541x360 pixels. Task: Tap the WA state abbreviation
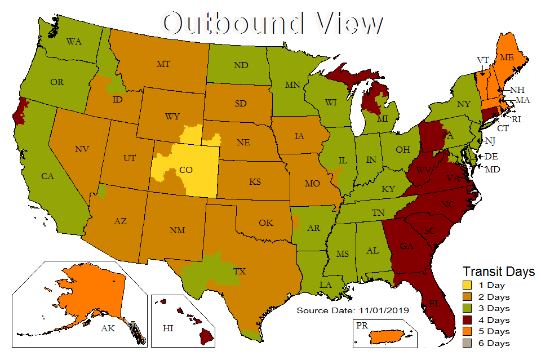74,42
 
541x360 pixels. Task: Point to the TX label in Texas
241,272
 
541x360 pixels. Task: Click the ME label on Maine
506,57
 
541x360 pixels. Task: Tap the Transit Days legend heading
499,272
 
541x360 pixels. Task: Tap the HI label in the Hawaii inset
167,327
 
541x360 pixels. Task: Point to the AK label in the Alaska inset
106,327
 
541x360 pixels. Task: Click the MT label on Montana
163,64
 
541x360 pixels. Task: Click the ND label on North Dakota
241,65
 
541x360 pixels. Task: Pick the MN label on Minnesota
292,86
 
